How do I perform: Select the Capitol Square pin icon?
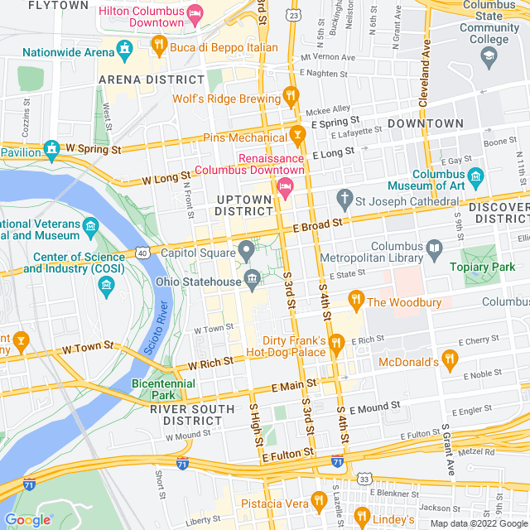(x=246, y=250)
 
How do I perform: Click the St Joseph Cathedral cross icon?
(x=344, y=200)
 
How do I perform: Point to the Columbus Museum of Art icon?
(x=475, y=176)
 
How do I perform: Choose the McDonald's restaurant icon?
(x=450, y=359)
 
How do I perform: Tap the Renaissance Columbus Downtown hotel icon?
(x=285, y=186)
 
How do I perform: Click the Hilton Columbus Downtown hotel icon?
(x=195, y=13)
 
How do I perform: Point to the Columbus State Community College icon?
(x=489, y=55)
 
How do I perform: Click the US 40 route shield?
(x=142, y=252)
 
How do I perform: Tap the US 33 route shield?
(x=364, y=479)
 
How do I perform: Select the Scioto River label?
(x=161, y=329)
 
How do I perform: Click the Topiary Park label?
(x=482, y=267)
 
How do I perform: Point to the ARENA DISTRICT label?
(x=152, y=79)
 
